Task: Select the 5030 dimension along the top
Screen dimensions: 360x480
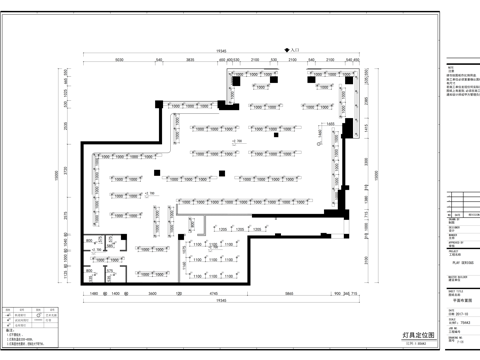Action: coord(118,61)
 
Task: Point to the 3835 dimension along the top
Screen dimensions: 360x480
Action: coord(188,61)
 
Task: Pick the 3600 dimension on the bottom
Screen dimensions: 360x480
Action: coord(153,293)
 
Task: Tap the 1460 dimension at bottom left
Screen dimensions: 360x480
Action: coord(92,293)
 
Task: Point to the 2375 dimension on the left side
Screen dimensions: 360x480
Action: coord(67,213)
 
